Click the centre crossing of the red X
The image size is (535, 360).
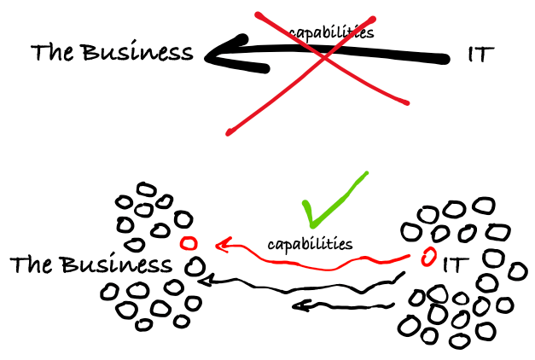point(323,56)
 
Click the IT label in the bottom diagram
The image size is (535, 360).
point(456,264)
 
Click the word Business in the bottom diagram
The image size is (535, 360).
point(114,264)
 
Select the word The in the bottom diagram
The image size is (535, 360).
point(32,264)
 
